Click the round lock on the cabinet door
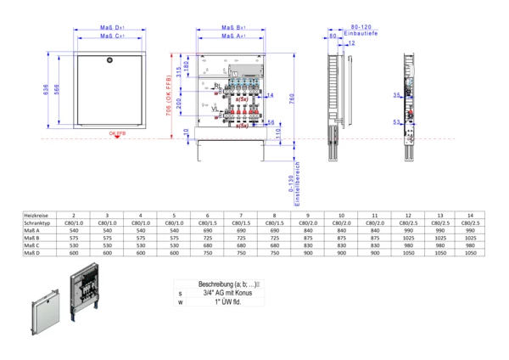(110, 60)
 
